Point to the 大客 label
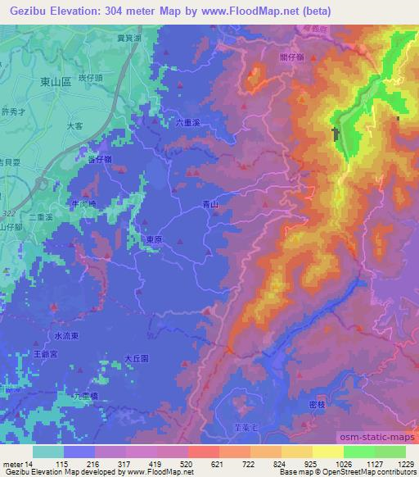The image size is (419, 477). pyautogui.click(x=74, y=126)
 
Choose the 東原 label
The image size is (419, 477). pyautogui.click(x=154, y=239)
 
